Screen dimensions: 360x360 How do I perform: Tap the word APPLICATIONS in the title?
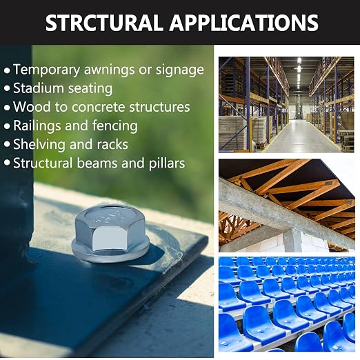pyautogui.click(x=244, y=22)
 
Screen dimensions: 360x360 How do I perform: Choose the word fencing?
pyautogui.click(x=115, y=126)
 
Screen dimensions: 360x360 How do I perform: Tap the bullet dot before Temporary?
pyautogui.click(x=7, y=70)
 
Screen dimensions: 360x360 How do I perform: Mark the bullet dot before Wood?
pyautogui.click(x=7, y=108)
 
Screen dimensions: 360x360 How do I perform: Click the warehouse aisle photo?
pyautogui.click(x=286, y=105)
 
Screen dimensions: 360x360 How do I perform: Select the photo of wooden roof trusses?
pyautogui.click(x=286, y=206)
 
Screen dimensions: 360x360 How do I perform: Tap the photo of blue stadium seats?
pyautogui.click(x=286, y=304)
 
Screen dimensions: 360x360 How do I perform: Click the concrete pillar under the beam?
pyautogui.click(x=292, y=240)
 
